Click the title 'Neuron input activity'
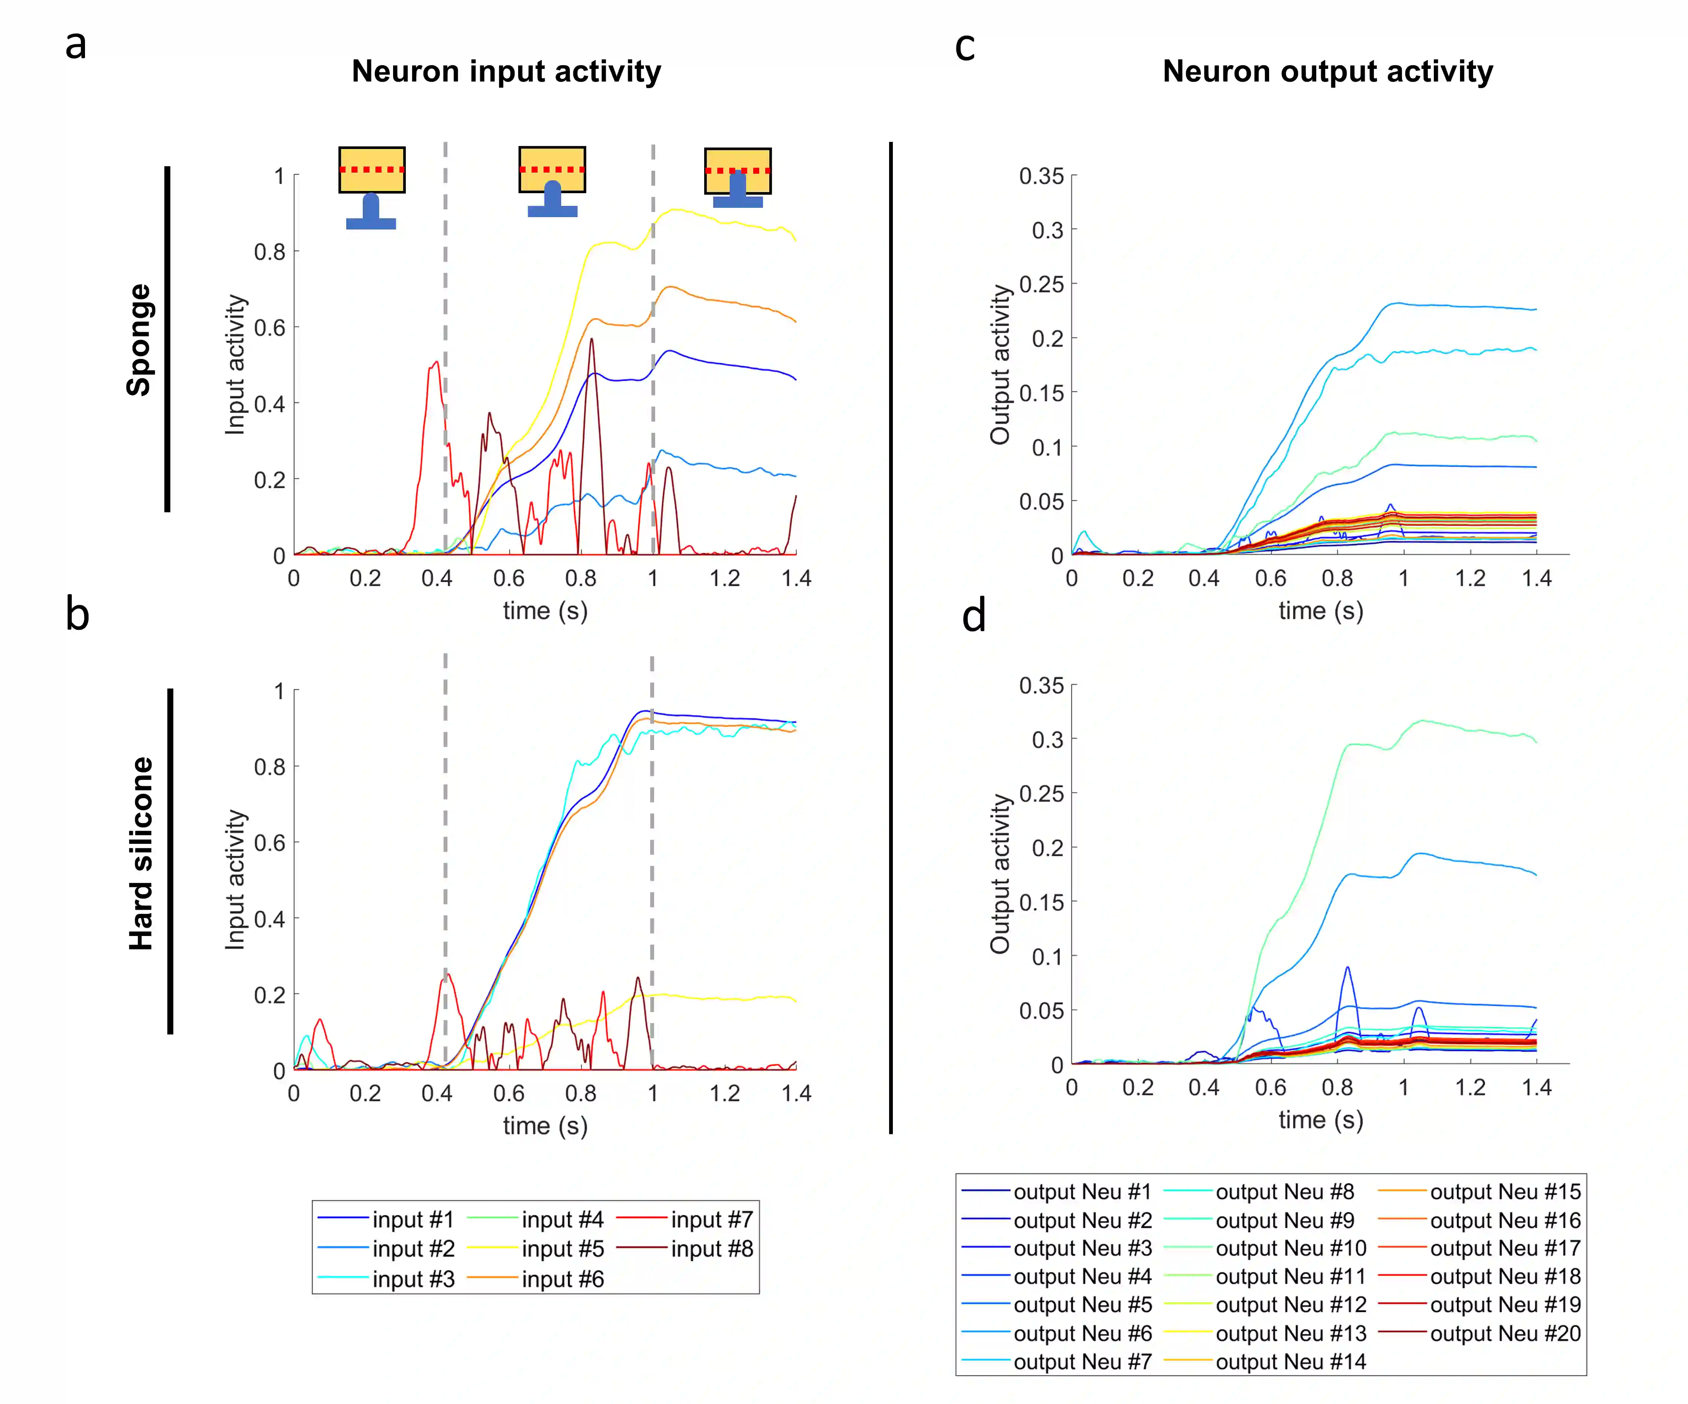click(507, 72)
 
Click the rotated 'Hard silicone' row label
click(141, 854)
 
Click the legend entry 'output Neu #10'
click(1290, 1248)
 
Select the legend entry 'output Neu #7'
click(1082, 1361)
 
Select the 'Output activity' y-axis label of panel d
click(1000, 873)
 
